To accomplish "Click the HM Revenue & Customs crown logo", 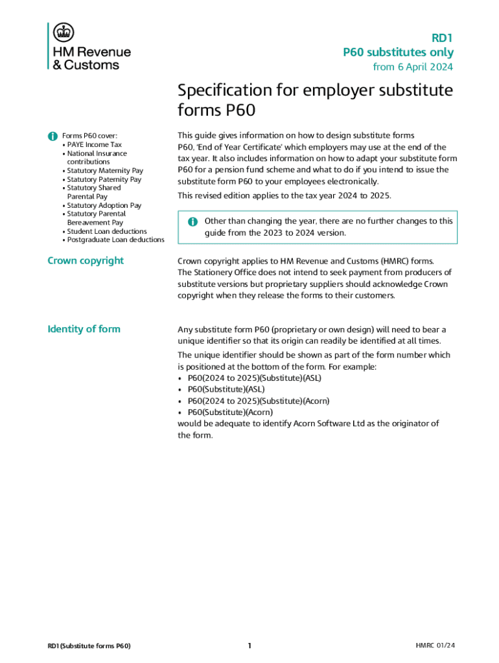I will coord(64,32).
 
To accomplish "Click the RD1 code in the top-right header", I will coord(442,38).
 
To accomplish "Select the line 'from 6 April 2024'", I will coord(413,67).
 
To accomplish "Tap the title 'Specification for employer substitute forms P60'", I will coord(315,100).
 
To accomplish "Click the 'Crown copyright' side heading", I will coord(86,261).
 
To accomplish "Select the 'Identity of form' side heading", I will coord(84,329).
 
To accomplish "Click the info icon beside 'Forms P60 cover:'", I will coord(52,136).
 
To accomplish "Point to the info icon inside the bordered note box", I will coord(192,221).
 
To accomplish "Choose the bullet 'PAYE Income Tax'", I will coord(94,145).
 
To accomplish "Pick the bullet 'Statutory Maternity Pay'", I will coord(104,171).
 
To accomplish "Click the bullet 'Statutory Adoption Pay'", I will coord(104,205).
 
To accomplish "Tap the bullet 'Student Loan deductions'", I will coord(106,231).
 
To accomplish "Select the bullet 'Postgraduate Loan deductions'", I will coord(115,240).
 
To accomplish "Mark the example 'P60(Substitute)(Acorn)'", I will coord(230,412).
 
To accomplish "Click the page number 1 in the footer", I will coord(250,646).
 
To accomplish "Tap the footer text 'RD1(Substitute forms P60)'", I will coord(89,646).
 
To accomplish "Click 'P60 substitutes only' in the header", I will coord(398,52).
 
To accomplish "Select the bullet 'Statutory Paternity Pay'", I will coord(104,179).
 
